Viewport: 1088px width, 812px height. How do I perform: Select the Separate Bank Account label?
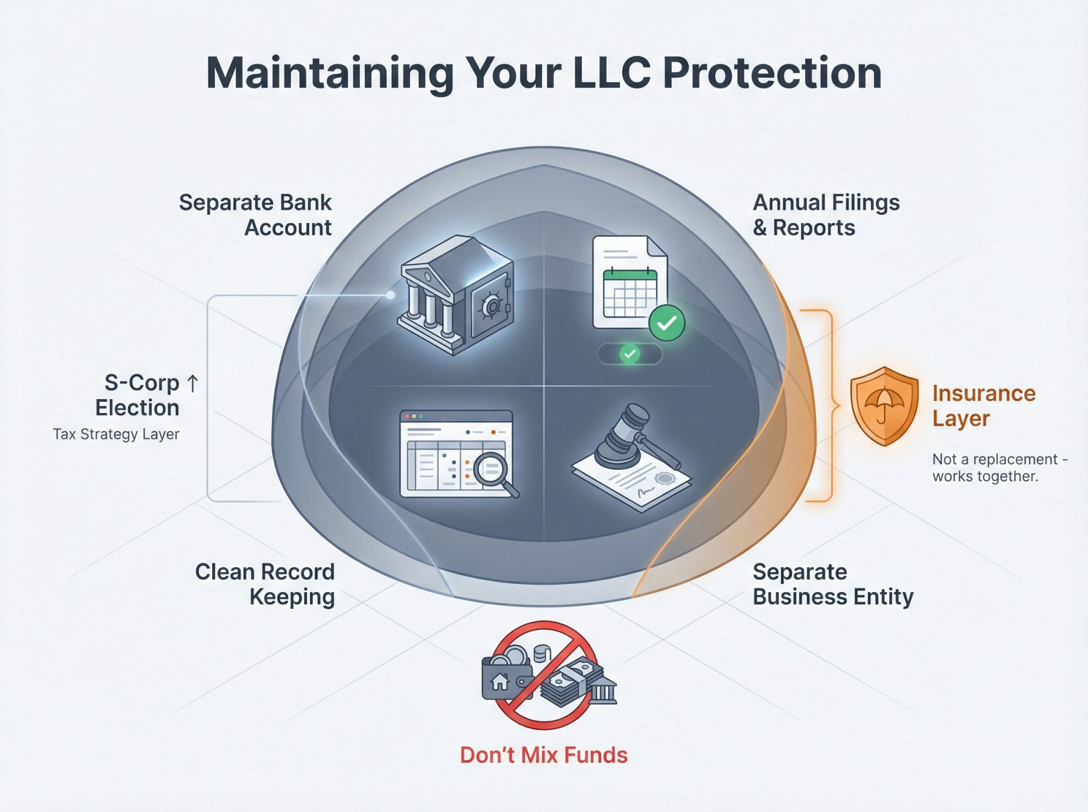[256, 215]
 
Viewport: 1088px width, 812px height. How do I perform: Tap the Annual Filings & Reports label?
[825, 215]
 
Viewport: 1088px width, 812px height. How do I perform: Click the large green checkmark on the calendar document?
[666, 323]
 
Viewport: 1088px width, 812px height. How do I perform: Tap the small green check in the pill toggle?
[629, 354]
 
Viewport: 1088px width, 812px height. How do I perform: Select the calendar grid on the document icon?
[630, 294]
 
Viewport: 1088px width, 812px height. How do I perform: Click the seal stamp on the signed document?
[664, 479]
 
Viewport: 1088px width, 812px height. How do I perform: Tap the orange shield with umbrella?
[884, 406]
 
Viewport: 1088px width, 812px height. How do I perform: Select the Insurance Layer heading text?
[983, 406]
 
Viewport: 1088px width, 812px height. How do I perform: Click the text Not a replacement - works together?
[998, 468]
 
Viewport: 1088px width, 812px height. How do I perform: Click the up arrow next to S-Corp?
[193, 383]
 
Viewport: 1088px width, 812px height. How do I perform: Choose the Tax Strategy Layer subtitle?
[116, 434]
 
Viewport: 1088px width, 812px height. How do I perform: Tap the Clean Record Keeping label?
[265, 584]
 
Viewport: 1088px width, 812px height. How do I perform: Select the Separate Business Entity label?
[832, 584]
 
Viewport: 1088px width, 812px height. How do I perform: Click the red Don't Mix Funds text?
[543, 755]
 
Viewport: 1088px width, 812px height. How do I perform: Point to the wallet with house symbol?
[503, 678]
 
